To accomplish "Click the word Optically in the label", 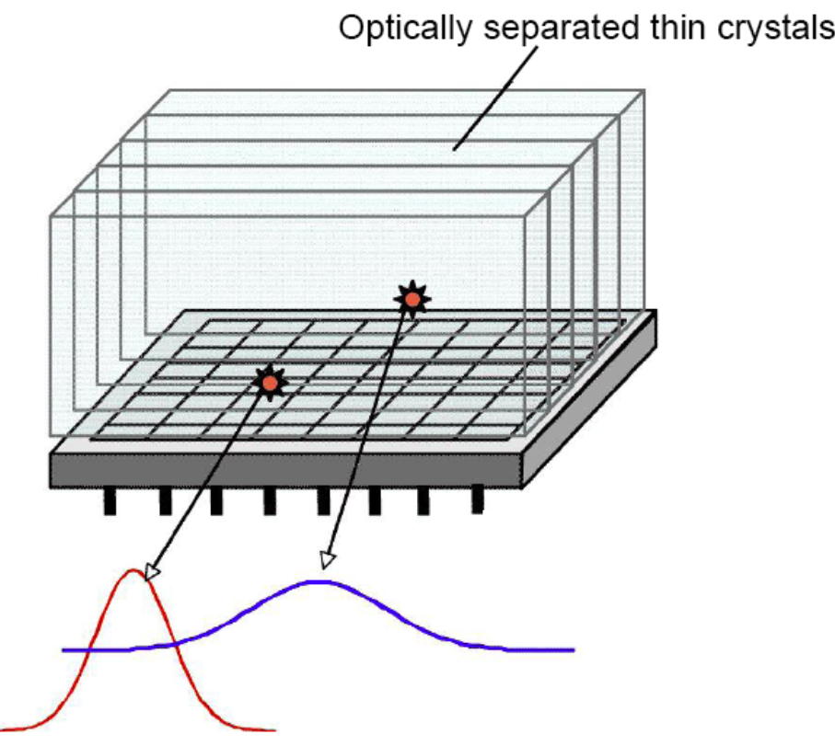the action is [x=405, y=29].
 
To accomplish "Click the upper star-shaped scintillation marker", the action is [x=412, y=300].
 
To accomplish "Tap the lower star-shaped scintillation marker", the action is [x=270, y=383].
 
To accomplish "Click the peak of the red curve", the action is [x=133, y=570].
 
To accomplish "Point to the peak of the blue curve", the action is [x=319, y=581].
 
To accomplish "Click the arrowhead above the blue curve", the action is [x=327, y=561].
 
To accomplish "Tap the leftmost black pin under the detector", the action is [x=110, y=501].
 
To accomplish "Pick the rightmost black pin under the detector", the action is [x=477, y=499].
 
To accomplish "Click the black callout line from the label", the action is [x=495, y=98].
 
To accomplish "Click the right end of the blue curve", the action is [x=574, y=649].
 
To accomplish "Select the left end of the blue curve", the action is [x=64, y=650].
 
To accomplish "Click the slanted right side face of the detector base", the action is [x=589, y=400].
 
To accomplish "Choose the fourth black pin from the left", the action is [x=270, y=501].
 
